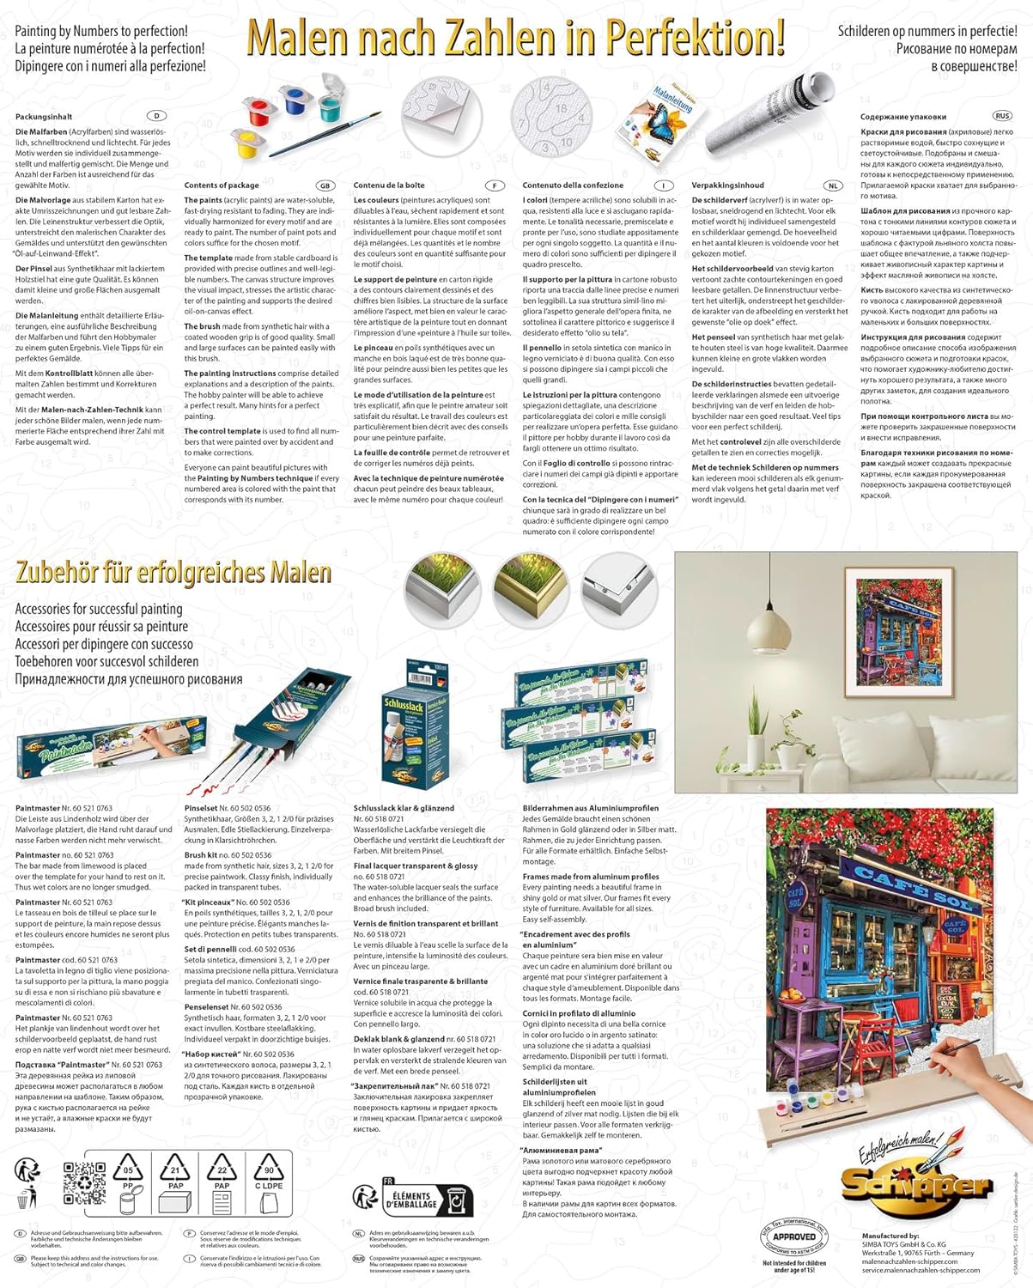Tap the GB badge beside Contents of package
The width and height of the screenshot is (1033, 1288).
(325, 185)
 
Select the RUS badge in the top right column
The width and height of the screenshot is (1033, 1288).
(1001, 116)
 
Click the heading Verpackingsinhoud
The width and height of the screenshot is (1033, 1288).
(727, 185)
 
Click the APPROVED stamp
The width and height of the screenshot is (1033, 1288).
(794, 1236)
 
